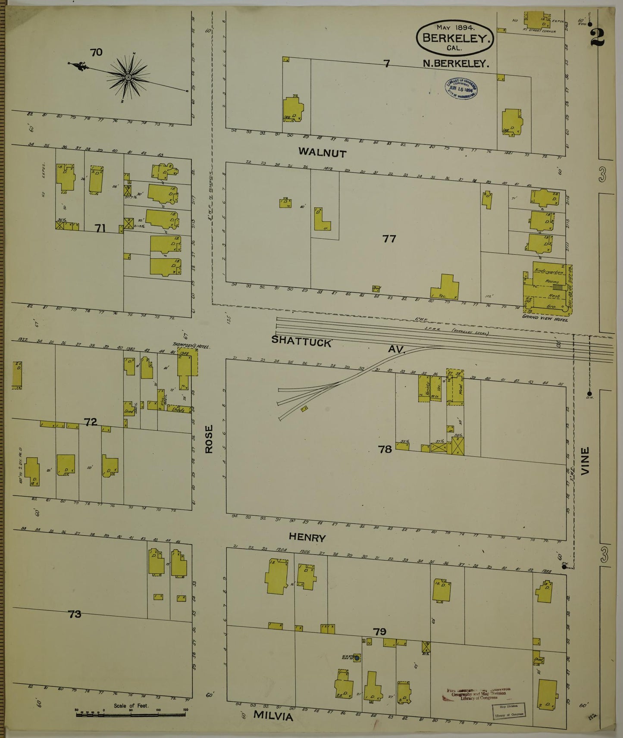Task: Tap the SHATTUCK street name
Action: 301,341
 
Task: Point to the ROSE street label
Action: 209,439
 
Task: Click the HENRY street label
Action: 307,538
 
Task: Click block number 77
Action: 389,238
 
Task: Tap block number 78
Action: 385,449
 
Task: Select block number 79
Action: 379,632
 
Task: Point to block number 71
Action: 100,228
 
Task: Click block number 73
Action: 75,614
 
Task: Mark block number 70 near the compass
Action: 96,52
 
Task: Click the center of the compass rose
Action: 128,77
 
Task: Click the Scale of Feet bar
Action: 131,714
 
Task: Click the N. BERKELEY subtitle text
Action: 456,63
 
